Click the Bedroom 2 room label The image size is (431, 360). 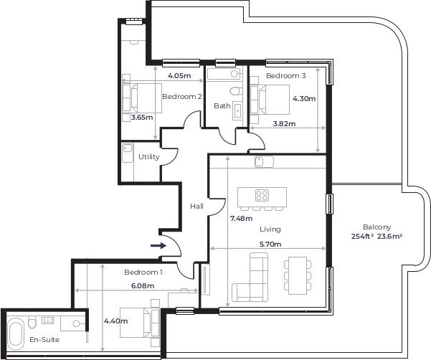pos(181,96)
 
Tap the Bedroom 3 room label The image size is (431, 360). pos(286,75)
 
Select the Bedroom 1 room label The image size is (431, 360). pos(143,273)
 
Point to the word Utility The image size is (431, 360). pos(149,156)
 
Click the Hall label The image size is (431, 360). pos(196,207)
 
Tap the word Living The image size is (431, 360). pos(270,229)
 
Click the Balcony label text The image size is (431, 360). pos(376,225)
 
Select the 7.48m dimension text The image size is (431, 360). pos(242,218)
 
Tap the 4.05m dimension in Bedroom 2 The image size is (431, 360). pos(179,75)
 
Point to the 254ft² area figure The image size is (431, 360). pos(362,236)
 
